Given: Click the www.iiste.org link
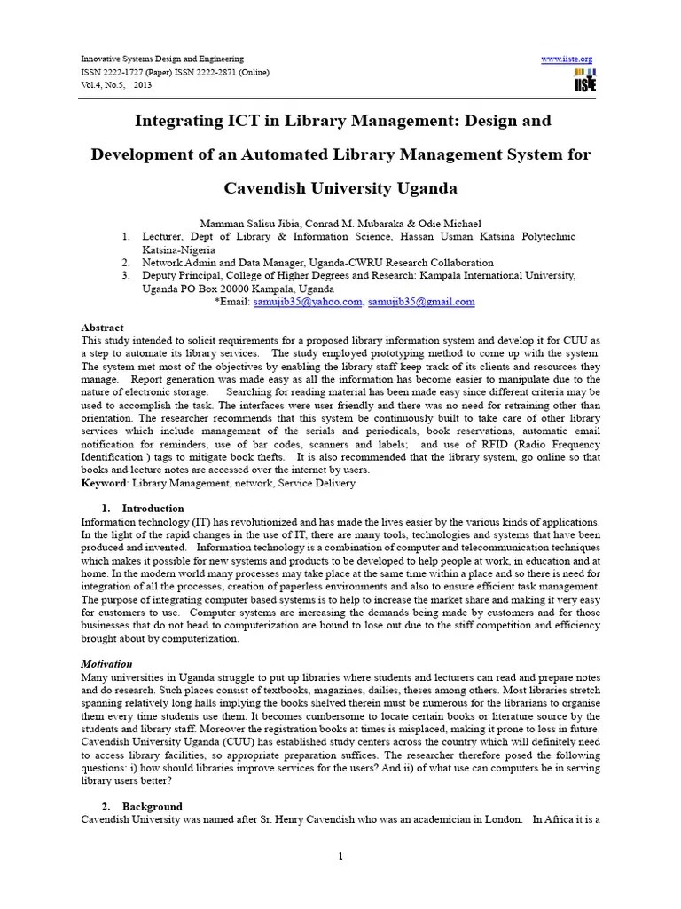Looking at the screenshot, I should click(x=566, y=59).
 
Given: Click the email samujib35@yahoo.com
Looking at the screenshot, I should click(x=308, y=302).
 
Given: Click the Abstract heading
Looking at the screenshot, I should click(x=102, y=328).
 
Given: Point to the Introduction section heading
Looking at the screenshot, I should click(x=153, y=509).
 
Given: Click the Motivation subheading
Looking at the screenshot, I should click(x=106, y=664).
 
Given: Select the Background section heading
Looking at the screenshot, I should click(x=152, y=807).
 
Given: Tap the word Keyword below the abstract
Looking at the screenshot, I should click(x=104, y=483).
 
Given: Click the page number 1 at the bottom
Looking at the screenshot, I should click(x=340, y=856).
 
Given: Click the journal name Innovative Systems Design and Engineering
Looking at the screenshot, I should click(x=161, y=59).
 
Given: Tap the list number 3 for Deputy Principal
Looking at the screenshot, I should click(x=126, y=276).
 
